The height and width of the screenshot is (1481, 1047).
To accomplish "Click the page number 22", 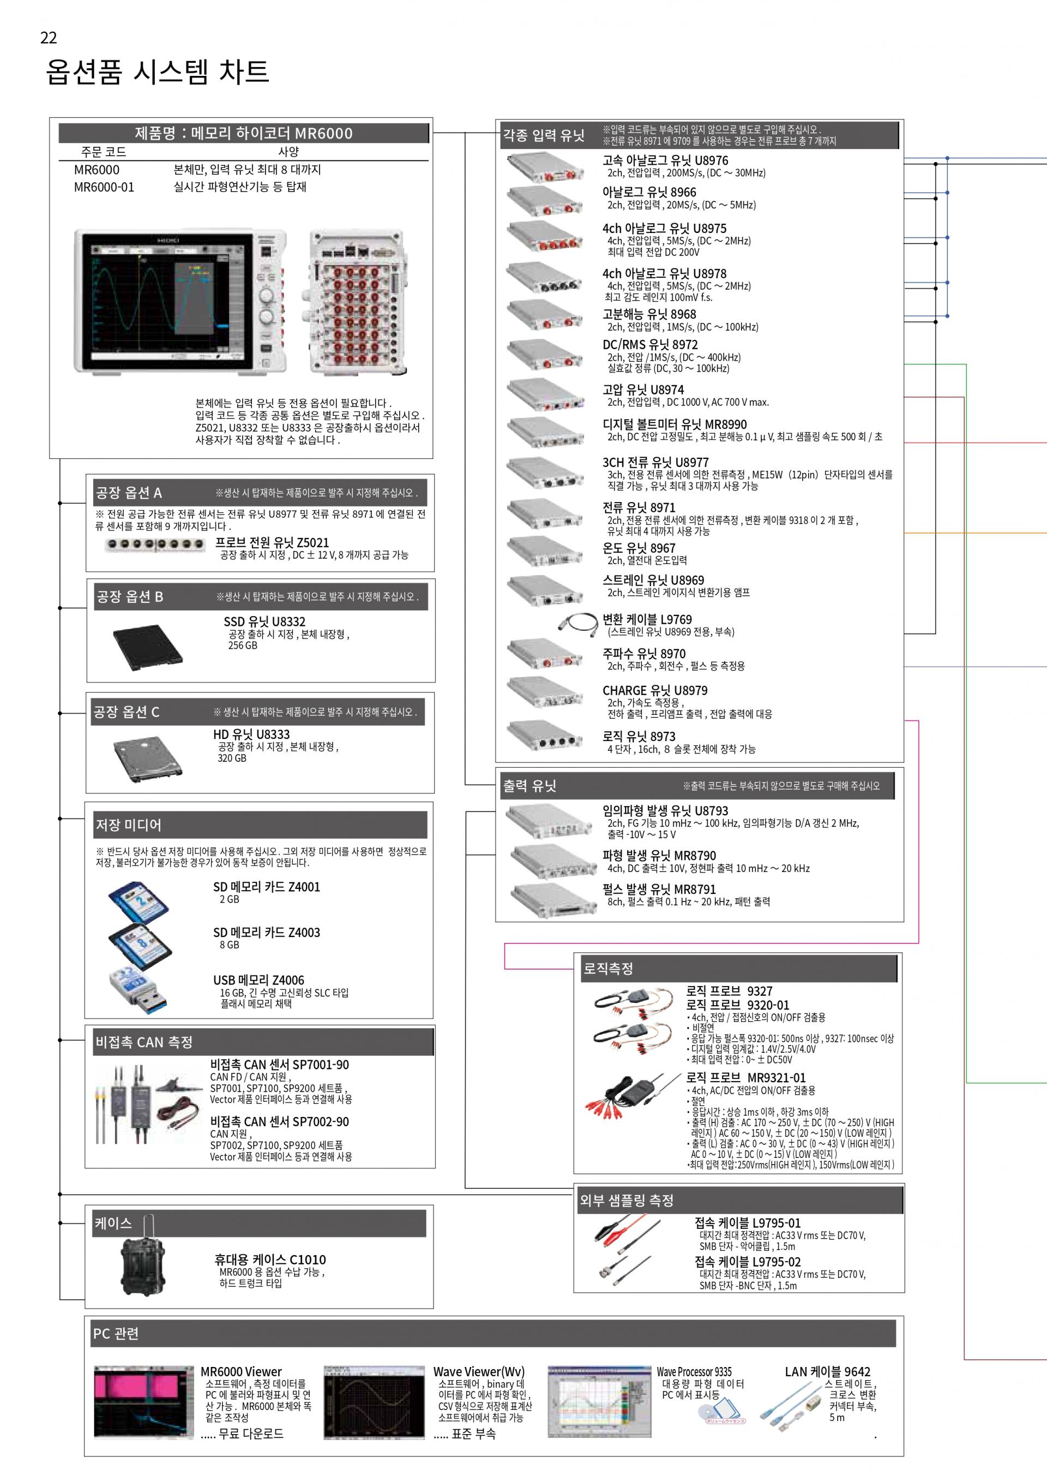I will tap(49, 38).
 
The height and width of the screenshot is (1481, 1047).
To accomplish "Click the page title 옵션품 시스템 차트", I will tap(157, 71).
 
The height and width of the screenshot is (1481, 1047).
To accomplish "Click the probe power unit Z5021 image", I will tap(155, 545).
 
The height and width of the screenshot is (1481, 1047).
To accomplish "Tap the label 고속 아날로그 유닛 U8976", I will tap(665, 160).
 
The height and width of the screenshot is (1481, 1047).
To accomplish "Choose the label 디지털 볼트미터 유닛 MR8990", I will tap(675, 425).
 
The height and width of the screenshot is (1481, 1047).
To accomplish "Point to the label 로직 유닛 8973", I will tap(638, 736).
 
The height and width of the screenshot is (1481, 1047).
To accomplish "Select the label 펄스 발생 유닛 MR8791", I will tap(659, 889).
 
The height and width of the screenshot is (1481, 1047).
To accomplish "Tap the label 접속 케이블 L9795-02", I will tap(747, 1262).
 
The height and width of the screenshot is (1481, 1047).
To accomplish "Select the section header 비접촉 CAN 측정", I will tap(145, 1042).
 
